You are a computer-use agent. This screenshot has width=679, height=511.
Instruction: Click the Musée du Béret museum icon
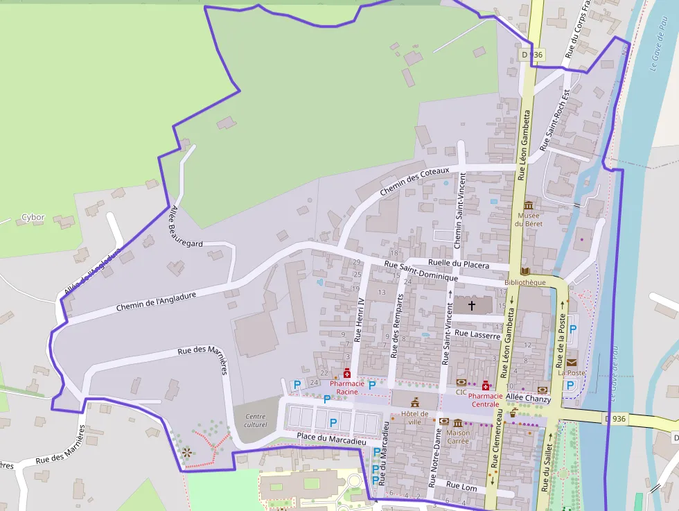tap(529, 205)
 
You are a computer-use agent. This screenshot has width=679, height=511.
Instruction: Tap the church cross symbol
tap(473, 305)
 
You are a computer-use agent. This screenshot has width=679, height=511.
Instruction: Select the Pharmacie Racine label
tap(347, 388)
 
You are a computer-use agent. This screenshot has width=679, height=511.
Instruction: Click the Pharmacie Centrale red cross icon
tap(486, 386)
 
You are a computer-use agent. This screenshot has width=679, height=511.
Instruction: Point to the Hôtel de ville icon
tap(415, 402)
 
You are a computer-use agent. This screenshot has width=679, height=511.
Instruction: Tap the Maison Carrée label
tap(458, 438)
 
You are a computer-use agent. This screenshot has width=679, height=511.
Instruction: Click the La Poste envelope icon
tap(572, 363)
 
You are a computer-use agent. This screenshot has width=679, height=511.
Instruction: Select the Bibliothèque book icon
tap(525, 270)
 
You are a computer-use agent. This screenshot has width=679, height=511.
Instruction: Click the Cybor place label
tap(33, 217)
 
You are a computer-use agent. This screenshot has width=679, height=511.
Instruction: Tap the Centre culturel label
tap(255, 420)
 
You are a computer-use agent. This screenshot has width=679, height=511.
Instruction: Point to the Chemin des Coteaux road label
tap(414, 182)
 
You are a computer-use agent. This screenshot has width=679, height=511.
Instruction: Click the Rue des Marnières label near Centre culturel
tap(203, 356)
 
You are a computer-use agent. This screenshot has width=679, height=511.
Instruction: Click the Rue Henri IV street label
tap(359, 320)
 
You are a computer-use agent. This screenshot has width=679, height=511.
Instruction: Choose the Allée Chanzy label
tap(528, 399)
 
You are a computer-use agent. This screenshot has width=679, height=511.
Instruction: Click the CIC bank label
tap(461, 392)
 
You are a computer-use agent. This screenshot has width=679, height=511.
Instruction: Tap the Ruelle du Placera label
tap(459, 264)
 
